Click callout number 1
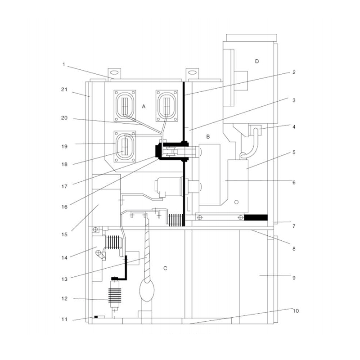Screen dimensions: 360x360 click(x=64, y=64)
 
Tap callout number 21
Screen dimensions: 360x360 click(x=64, y=90)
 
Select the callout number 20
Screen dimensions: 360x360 click(x=64, y=119)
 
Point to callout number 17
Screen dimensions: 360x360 click(x=64, y=185)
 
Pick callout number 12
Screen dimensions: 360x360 click(x=64, y=298)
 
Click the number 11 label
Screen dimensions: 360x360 click(x=64, y=319)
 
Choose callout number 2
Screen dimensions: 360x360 click(x=293, y=72)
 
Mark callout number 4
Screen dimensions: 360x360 click(x=293, y=127)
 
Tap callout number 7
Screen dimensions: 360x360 click(x=293, y=225)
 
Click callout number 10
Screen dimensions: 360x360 click(x=295, y=311)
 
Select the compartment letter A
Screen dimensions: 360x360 click(x=144, y=107)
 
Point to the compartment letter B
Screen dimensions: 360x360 click(x=208, y=136)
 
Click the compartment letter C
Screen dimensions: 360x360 click(x=165, y=268)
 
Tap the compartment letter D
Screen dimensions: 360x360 click(x=257, y=61)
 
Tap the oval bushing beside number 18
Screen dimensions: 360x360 click(x=125, y=147)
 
